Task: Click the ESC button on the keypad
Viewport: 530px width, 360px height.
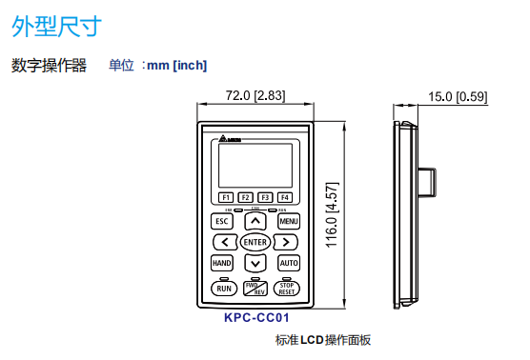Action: pyautogui.click(x=221, y=221)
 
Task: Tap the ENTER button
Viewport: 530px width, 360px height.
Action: pyautogui.click(x=255, y=242)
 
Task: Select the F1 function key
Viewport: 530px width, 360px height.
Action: pyautogui.click(x=227, y=196)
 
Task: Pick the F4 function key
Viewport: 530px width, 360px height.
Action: pyautogui.click(x=283, y=196)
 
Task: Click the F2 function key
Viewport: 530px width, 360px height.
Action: pyautogui.click(x=245, y=196)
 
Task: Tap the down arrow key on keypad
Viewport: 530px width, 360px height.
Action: pyautogui.click(x=255, y=263)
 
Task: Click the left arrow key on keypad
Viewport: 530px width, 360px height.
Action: pyautogui.click(x=225, y=242)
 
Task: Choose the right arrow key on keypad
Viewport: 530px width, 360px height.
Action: pyautogui.click(x=285, y=242)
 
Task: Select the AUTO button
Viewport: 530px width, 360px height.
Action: pyautogui.click(x=288, y=263)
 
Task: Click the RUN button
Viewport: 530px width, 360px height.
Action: pyautogui.click(x=223, y=288)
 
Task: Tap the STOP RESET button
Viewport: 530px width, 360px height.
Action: pyautogui.click(x=287, y=288)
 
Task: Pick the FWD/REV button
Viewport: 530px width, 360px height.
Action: pyautogui.click(x=255, y=288)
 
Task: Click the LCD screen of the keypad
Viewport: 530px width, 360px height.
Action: pyautogui.click(x=255, y=165)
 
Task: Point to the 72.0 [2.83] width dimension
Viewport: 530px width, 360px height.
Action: pyautogui.click(x=255, y=95)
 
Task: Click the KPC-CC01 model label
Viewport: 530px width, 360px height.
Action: pyautogui.click(x=255, y=319)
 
